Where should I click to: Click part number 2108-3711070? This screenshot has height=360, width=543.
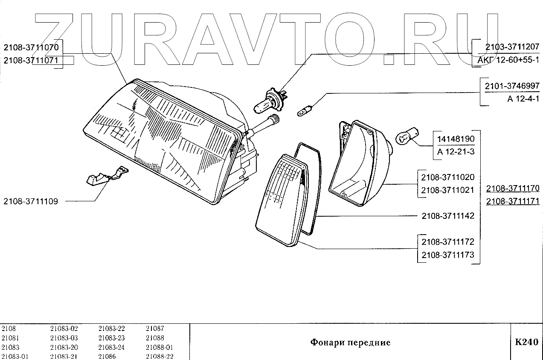click(x=33, y=47)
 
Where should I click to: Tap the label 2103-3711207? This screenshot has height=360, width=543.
click(x=512, y=47)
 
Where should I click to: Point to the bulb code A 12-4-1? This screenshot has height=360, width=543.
click(x=523, y=99)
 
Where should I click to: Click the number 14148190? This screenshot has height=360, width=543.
click(x=456, y=139)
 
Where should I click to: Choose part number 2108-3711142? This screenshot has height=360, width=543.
click(x=447, y=216)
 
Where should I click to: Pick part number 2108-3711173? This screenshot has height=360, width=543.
click(x=447, y=255)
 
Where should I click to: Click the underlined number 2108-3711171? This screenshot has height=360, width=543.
click(x=513, y=201)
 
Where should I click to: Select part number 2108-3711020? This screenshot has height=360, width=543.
click(x=447, y=177)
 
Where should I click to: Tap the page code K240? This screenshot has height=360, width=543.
click(x=526, y=342)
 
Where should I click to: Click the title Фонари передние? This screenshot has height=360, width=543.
click(x=350, y=342)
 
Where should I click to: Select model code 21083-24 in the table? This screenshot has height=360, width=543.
click(x=111, y=347)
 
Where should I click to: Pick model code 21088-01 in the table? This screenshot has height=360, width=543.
click(x=159, y=347)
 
